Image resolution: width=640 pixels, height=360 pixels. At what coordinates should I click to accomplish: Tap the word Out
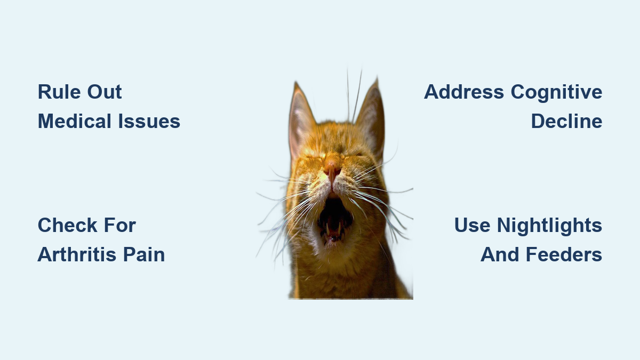click(x=105, y=92)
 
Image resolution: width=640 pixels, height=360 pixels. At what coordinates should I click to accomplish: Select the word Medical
click(x=75, y=121)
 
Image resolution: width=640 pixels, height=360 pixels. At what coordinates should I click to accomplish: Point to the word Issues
click(x=149, y=121)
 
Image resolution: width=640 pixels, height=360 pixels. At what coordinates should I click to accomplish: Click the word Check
click(x=67, y=225)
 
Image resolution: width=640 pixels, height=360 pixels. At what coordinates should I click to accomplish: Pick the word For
click(x=120, y=225)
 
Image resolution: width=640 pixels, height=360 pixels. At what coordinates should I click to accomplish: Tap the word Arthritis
click(x=77, y=254)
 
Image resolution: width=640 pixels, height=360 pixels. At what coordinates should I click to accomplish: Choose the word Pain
click(x=144, y=254)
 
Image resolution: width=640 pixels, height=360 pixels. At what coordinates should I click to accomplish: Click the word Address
click(x=464, y=92)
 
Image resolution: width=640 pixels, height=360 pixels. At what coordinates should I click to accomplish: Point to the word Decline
click(x=567, y=121)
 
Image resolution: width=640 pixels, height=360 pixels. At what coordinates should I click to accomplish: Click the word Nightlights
click(x=550, y=226)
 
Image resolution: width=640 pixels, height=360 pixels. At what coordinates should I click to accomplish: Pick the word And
click(x=500, y=254)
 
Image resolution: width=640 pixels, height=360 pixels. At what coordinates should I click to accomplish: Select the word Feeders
click(x=564, y=254)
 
